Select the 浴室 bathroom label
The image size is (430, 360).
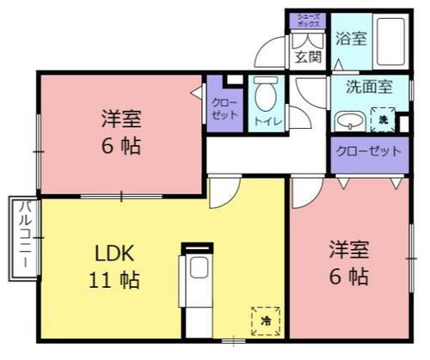[350, 39]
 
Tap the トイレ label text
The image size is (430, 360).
[265, 122]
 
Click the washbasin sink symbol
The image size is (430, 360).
[348, 119]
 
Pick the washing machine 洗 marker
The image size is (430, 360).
[384, 119]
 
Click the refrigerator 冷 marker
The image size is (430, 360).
[266, 320]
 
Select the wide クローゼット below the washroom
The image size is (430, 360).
[368, 151]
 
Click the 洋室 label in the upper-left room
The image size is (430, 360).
[121, 118]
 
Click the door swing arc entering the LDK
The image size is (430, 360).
[221, 194]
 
